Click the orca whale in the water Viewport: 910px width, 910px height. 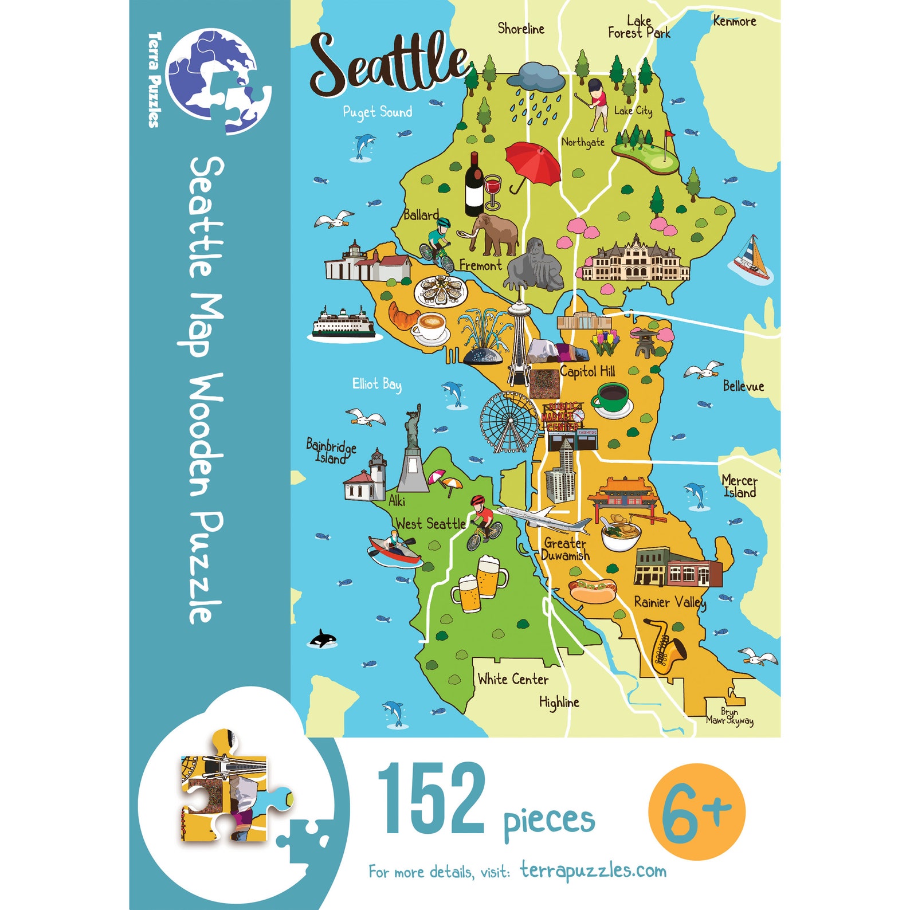pos(323,638)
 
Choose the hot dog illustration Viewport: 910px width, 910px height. pos(593,590)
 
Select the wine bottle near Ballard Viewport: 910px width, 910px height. pos(474,185)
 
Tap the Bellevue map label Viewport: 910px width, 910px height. pos(743,386)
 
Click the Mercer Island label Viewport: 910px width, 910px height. pos(739,486)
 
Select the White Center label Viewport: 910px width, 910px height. pos(513,679)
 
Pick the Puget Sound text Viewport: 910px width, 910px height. pos(378,112)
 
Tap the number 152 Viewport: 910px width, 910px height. pos(431,799)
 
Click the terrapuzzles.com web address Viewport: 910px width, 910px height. pos(594,870)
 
